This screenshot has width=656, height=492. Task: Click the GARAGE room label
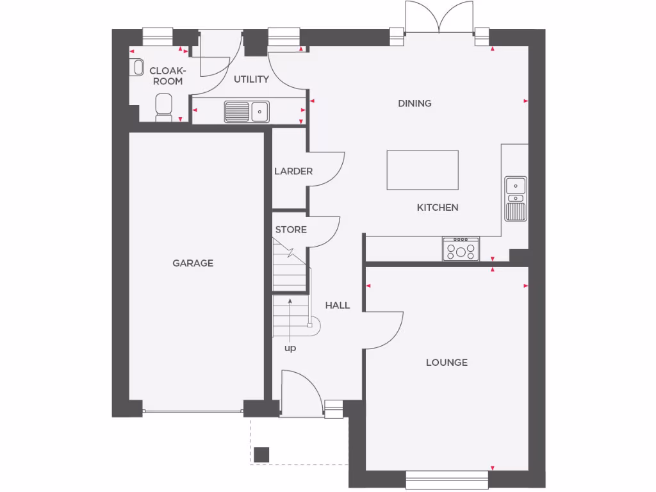point(193,263)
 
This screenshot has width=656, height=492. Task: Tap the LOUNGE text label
point(447,363)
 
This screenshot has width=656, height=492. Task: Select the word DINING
point(414,103)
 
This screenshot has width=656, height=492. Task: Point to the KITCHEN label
point(438,208)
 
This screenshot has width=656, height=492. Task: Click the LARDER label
point(293,171)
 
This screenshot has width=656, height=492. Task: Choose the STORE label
point(291,229)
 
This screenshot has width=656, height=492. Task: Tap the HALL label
point(337,306)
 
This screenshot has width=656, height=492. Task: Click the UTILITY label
point(251,79)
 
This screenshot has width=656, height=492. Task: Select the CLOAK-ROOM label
point(167,76)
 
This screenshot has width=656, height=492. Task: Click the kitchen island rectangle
point(422,170)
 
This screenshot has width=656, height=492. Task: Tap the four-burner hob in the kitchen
point(461,249)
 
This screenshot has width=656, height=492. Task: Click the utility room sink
point(247,111)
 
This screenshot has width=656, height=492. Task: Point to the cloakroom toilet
point(164,107)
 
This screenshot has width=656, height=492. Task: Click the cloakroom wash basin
point(136,67)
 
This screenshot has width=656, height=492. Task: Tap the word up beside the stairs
point(290,348)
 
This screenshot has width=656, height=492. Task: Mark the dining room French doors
point(439,17)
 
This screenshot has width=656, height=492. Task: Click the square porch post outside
point(261,454)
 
